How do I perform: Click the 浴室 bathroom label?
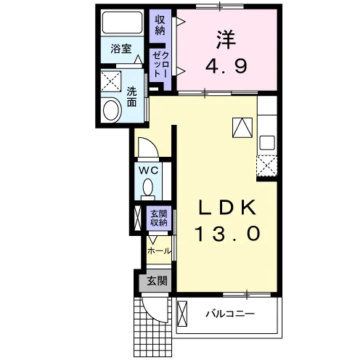121,49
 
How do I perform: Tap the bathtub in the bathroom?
122,23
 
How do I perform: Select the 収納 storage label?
160,25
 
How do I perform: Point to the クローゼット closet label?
160,65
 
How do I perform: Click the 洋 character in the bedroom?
226,40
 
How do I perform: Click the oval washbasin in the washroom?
112,110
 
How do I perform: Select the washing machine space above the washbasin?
110,81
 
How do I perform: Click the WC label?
148,171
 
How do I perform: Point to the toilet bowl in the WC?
148,187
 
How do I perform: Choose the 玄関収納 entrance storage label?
159,218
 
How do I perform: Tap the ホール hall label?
159,251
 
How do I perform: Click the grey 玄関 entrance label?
158,281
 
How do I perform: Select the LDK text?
227,208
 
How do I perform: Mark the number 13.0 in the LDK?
228,234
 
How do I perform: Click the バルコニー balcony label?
230,314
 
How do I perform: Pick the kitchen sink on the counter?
267,142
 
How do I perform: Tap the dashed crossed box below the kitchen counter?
266,166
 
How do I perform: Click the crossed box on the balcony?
182,314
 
